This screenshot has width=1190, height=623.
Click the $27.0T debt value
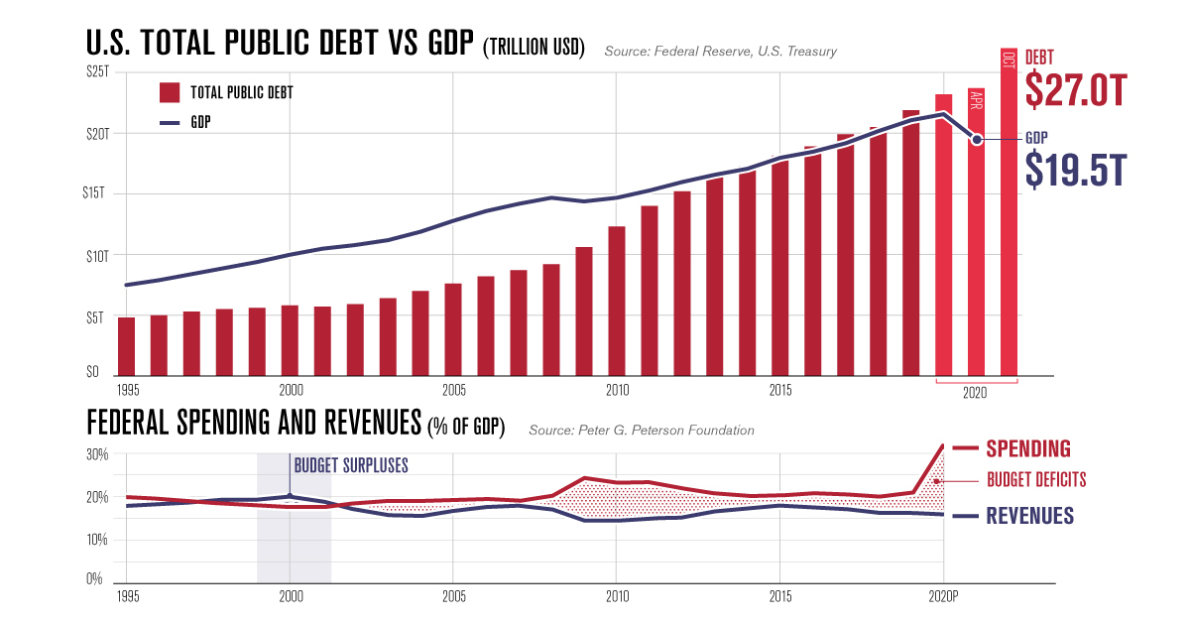coord(1076,90)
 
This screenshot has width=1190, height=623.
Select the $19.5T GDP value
coord(1076,171)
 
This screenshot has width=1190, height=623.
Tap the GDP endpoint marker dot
coord(977,140)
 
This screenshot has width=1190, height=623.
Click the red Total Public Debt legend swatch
coord(170,92)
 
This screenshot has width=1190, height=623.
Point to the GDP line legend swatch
coord(170,122)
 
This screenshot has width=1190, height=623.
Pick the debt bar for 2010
coord(616,302)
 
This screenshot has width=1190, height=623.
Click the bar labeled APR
coord(976,233)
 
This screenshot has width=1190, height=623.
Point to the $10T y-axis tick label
coord(97,256)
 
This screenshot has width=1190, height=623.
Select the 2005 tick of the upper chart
coord(453,390)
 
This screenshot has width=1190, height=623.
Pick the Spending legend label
coord(1028,448)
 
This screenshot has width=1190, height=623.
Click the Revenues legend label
coord(1029,515)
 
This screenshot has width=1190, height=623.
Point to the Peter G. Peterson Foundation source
coord(642,431)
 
